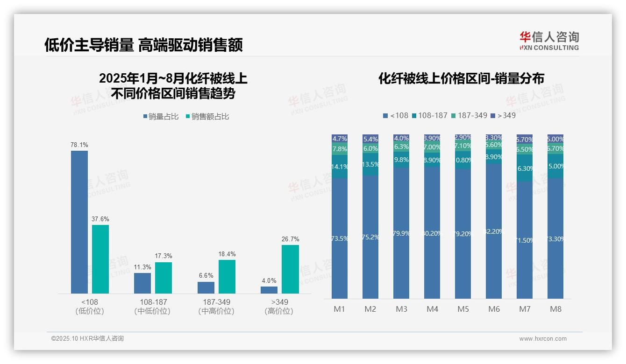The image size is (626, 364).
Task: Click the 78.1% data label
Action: tap(79, 145)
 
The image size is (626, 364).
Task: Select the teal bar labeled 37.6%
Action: tap(100, 259)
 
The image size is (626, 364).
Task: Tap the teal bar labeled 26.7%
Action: tap(290, 269)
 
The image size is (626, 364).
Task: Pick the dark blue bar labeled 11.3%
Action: tap(142, 283)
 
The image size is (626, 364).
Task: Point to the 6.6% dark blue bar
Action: tap(206, 287)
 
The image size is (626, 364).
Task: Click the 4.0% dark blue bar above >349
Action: tap(269, 290)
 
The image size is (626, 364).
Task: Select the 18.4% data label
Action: tap(227, 254)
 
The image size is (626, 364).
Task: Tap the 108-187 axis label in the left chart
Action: tap(153, 302)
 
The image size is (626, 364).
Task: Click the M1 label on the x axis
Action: tap(339, 309)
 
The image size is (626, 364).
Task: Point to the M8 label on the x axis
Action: tap(555, 309)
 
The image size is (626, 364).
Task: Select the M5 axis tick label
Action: tap(463, 309)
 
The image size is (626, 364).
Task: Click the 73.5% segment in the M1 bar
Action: tap(340, 238)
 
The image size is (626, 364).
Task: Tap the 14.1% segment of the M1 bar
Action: tap(340, 167)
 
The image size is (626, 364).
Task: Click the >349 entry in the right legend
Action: tap(506, 115)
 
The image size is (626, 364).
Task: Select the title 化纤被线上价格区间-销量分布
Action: tap(461, 78)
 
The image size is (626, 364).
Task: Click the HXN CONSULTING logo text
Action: tap(549, 48)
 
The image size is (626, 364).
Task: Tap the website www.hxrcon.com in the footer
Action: tap(543, 339)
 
